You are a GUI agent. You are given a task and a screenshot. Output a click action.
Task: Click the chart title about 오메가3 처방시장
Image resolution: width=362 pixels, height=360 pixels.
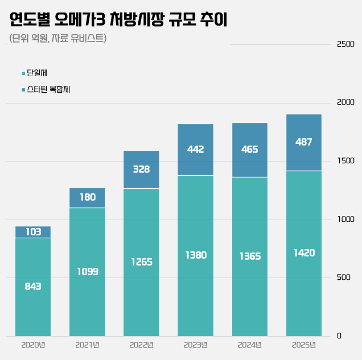click(118, 20)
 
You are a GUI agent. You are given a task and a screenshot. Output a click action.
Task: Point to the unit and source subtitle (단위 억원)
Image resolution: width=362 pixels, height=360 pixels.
click(58, 39)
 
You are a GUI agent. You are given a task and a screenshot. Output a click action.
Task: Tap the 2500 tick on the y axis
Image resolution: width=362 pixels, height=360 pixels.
click(345, 44)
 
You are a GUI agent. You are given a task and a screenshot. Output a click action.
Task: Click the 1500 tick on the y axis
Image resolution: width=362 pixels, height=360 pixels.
click(345, 161)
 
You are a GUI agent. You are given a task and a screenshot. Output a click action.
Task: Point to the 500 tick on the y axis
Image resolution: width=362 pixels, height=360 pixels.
click(343, 278)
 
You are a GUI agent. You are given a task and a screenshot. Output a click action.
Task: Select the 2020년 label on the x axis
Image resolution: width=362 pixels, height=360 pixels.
click(33, 345)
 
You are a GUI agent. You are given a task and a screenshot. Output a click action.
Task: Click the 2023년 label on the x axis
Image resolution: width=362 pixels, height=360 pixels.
click(195, 345)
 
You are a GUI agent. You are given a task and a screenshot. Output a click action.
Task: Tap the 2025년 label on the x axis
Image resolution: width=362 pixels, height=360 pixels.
click(303, 345)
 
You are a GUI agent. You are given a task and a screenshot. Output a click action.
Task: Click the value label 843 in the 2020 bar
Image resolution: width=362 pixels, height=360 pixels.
click(33, 286)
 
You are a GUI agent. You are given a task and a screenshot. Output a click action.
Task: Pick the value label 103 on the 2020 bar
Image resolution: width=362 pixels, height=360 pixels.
click(33, 232)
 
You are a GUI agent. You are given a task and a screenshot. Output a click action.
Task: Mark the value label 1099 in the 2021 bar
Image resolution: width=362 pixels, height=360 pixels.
click(87, 271)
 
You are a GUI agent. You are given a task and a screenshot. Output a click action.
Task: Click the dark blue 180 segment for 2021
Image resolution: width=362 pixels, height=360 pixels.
click(87, 197)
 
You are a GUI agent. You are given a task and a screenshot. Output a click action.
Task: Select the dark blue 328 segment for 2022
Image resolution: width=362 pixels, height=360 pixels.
click(141, 169)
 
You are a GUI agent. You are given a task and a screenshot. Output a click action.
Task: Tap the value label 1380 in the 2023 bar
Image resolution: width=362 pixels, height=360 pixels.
click(195, 255)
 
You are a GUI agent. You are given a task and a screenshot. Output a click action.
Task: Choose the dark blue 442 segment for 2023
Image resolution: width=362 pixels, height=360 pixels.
click(195, 149)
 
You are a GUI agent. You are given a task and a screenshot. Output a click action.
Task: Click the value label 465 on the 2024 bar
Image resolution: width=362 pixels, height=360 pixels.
click(249, 150)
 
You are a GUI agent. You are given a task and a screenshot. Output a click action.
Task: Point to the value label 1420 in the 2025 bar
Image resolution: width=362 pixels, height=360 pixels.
click(304, 253)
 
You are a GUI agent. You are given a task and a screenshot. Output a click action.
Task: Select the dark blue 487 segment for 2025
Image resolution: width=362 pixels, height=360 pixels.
click(304, 142)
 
